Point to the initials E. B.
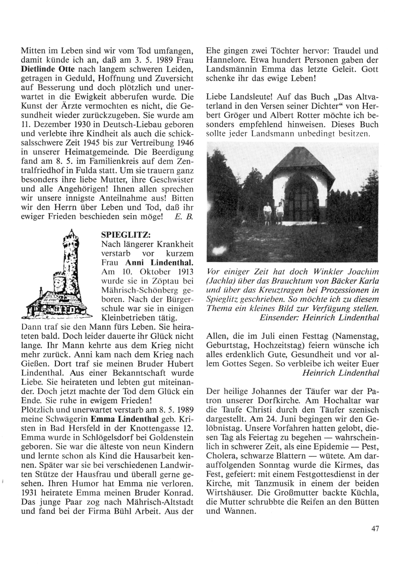click(x=184, y=216)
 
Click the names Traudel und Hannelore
click(x=292, y=55)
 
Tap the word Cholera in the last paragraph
click(x=219, y=456)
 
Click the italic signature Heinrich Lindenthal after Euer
click(x=340, y=373)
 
